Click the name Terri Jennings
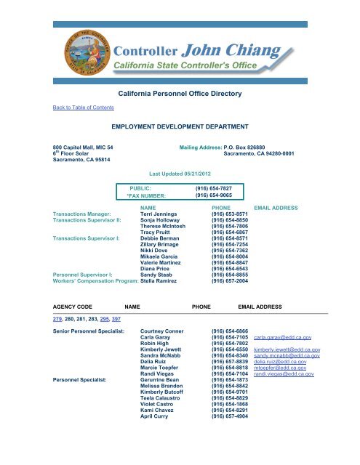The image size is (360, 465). point(160,215)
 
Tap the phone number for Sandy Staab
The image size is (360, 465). point(231,273)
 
